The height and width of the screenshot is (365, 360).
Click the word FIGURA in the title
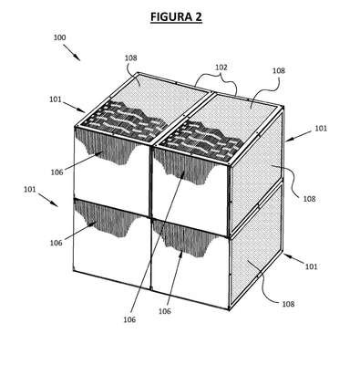[x=170, y=16]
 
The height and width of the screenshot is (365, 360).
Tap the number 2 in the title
[x=198, y=16]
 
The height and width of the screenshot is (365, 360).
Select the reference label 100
[x=59, y=37]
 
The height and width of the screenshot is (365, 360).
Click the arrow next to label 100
[x=72, y=53]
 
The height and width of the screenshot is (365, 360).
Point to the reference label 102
[x=221, y=68]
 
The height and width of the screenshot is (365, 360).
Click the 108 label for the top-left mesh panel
[x=131, y=57]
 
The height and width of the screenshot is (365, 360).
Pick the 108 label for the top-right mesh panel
[x=279, y=70]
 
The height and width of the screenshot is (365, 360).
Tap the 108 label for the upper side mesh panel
[x=309, y=199]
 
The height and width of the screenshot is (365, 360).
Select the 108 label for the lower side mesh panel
[x=288, y=304]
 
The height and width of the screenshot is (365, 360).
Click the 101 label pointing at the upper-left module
[x=56, y=99]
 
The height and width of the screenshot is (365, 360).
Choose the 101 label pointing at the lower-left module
[x=30, y=189]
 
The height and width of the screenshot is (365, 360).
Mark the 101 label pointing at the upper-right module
[x=321, y=129]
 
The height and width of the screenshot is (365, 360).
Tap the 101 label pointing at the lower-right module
[x=311, y=266]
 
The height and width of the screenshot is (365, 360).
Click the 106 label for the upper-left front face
[x=57, y=172]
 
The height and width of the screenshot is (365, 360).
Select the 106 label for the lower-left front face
[x=57, y=243]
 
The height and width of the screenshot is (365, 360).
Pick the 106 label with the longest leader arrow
[x=129, y=319]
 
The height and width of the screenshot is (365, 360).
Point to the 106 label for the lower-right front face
[x=165, y=311]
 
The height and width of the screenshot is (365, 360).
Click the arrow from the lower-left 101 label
[x=48, y=200]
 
